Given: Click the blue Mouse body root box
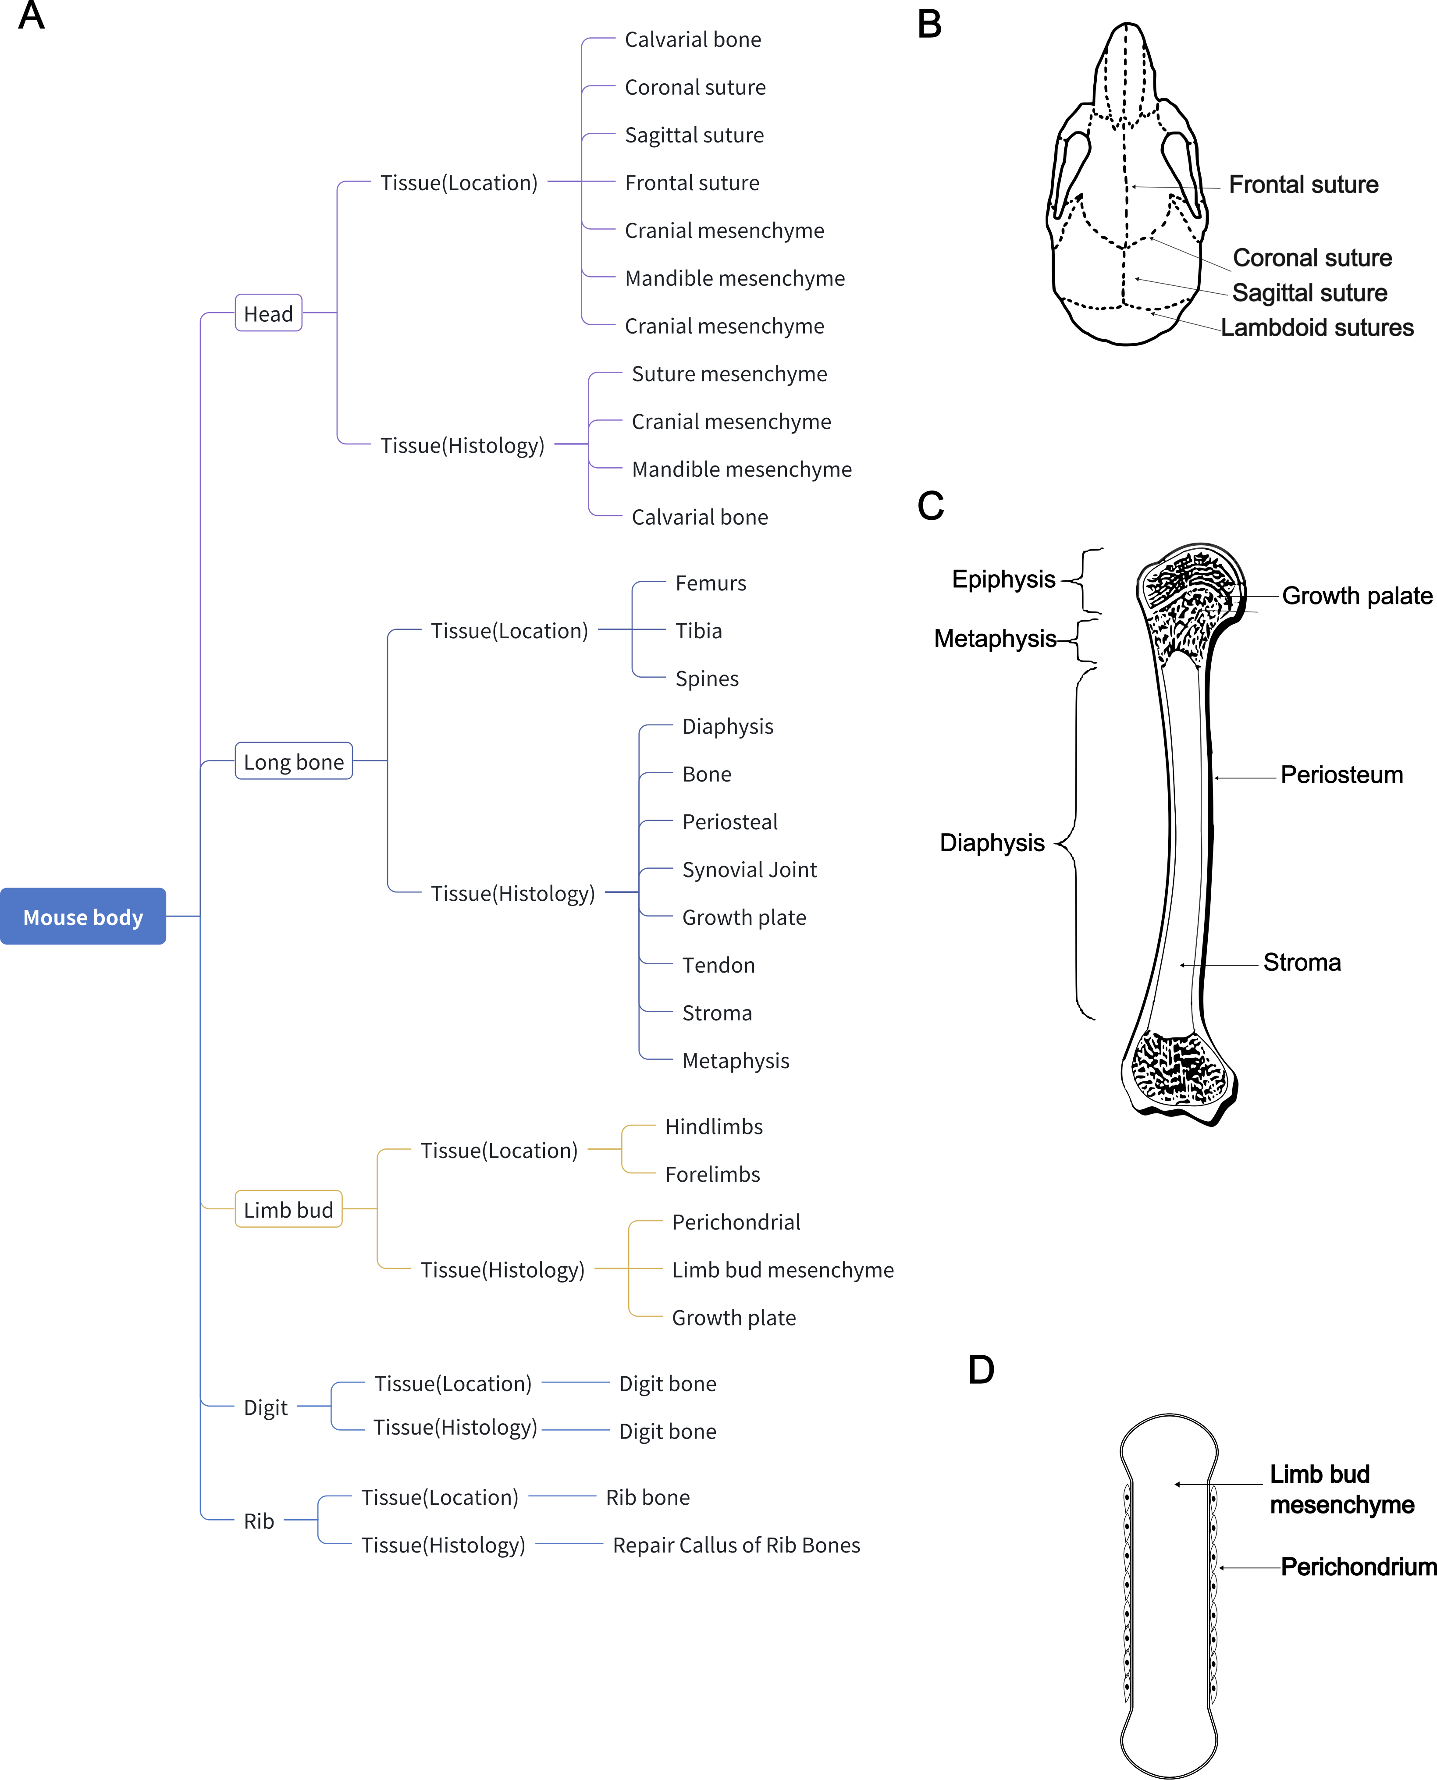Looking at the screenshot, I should [x=83, y=916].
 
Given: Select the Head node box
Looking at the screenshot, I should [x=268, y=314].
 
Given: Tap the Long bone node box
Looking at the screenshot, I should [x=294, y=761].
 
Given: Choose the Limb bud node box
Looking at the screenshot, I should [x=288, y=1209].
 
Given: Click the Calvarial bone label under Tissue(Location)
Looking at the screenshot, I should [x=693, y=40].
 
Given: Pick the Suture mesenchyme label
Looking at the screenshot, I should [x=729, y=374].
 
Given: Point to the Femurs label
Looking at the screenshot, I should [x=710, y=583].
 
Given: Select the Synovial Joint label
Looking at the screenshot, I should [x=749, y=870].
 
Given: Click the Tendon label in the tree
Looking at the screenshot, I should [x=718, y=965].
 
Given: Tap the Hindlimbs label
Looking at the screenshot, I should [x=714, y=1126].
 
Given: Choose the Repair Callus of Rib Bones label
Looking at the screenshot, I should [x=736, y=1545].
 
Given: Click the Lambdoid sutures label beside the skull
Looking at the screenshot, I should [x=1317, y=328].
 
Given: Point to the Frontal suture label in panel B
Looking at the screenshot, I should [x=1303, y=185].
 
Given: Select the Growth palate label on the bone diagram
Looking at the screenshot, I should [x=1357, y=596].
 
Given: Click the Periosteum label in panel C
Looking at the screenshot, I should [x=1341, y=775].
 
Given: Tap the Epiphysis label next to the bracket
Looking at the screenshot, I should [x=1003, y=579].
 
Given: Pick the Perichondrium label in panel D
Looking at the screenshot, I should [x=1358, y=1567].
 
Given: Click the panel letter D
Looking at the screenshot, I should [x=981, y=1370].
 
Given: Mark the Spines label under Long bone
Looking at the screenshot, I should [x=707, y=679].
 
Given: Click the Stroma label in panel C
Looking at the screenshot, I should [x=1301, y=963].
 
